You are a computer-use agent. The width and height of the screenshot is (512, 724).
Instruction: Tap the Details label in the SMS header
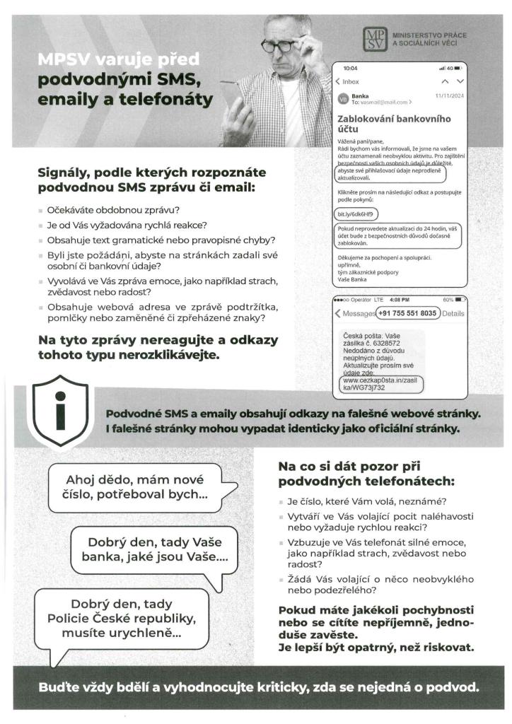[x=453, y=313]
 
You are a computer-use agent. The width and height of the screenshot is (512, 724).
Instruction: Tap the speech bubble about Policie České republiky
[x=115, y=620]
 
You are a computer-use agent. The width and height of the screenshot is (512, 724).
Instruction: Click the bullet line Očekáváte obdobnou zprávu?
[x=113, y=210]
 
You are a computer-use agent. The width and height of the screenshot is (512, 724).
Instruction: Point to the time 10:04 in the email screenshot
[x=350, y=68]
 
